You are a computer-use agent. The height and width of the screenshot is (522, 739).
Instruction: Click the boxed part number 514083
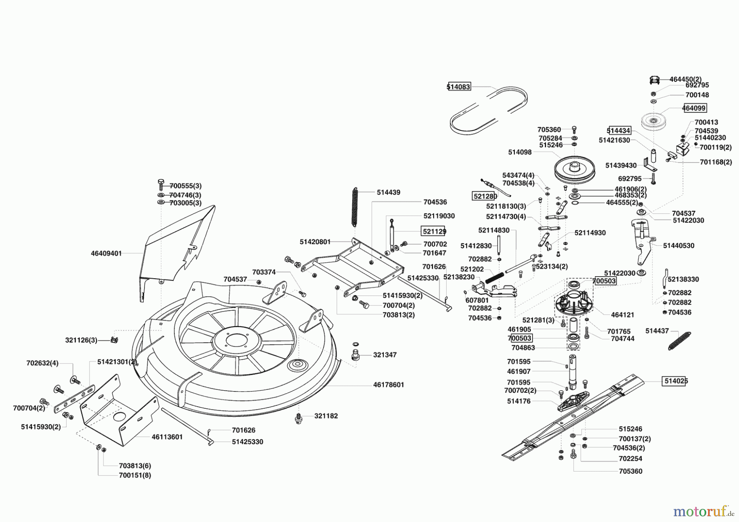(459, 87)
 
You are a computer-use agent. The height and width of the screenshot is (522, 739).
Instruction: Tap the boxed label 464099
(694, 108)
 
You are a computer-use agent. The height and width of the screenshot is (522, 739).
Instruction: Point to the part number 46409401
(106, 254)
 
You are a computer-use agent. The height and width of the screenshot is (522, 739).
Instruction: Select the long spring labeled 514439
(355, 206)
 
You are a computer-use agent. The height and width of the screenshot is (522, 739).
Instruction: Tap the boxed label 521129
(434, 231)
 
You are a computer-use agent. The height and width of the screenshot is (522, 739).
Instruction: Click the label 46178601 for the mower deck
(388, 385)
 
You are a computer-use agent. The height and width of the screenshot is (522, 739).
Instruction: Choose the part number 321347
(385, 355)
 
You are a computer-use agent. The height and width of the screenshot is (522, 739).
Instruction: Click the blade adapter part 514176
(573, 400)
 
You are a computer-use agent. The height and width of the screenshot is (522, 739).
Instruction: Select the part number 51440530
(679, 245)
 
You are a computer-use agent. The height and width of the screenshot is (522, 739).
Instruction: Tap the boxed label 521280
(485, 197)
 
